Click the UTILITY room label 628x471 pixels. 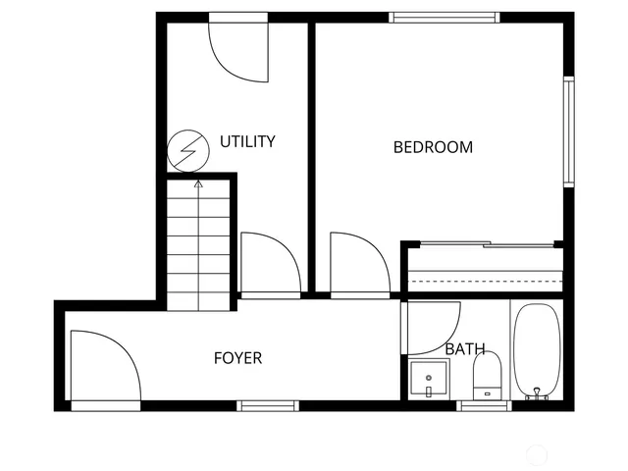pos(247,141)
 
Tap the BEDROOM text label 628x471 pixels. pos(433,147)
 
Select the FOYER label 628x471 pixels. pos(237,358)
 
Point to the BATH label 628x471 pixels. pos(464,348)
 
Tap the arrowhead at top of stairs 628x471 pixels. pos(198,183)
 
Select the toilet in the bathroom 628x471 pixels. pos(487,375)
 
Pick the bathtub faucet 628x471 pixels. pos(536,394)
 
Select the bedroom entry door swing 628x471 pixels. pos(358,262)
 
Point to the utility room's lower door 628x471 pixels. pos(269,262)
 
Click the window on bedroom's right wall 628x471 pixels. pos(567,131)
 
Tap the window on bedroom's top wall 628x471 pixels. pos(444,17)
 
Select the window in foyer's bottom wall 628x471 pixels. pos(268,405)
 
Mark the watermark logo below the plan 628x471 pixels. pos(536,453)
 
